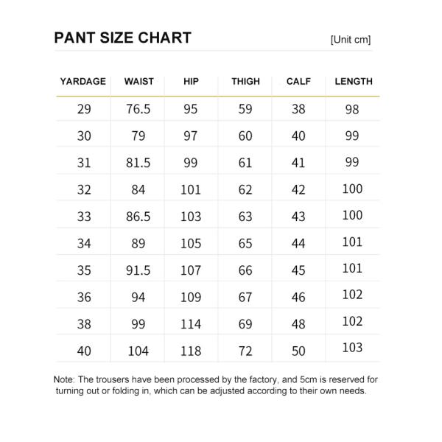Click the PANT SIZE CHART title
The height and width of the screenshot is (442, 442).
[122, 38]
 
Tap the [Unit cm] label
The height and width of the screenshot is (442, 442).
[351, 40]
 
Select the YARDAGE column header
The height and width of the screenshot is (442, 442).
[83, 82]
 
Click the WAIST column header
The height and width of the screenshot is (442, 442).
[138, 82]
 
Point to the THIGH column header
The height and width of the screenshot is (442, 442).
[245, 82]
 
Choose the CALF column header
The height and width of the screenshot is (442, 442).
[298, 82]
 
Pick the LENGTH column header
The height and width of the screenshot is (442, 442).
[354, 82]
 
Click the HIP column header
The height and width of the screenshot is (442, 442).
[191, 82]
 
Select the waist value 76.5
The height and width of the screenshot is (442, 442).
[138, 109]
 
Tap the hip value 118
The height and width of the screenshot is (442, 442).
[191, 351]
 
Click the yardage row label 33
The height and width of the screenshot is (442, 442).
[84, 217]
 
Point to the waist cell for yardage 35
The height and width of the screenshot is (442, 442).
[138, 270]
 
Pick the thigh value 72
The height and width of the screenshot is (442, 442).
[245, 351]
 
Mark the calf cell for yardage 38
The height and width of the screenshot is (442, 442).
[298, 324]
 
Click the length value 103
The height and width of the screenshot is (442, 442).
[353, 348]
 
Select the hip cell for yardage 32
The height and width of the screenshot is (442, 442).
[191, 190]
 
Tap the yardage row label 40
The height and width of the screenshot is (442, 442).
[84, 351]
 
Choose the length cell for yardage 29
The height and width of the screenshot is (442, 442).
[353, 109]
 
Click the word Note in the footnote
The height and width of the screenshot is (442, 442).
[65, 379]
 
